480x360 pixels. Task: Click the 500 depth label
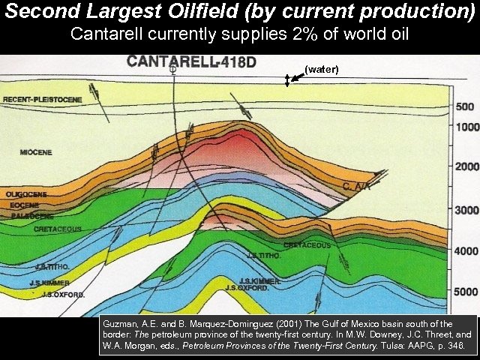pos(465,106)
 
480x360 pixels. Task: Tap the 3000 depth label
pos(465,211)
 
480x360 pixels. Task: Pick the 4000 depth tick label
pos(465,251)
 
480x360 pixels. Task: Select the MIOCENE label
pos(36,153)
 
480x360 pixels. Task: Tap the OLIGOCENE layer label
pos(26,194)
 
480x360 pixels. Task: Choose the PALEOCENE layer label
pos(25,215)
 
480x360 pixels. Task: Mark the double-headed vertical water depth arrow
pos(287,80)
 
